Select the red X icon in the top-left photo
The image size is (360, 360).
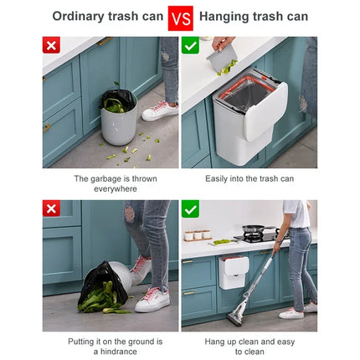point(52,46)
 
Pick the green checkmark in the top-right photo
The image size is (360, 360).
point(191,46)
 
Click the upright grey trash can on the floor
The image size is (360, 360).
point(118,117)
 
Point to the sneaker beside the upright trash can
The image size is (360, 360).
point(160,111)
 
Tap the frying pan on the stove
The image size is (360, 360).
point(255,230)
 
